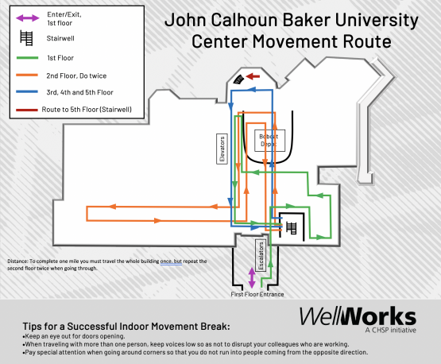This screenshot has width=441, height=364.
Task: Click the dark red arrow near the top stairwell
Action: coord(253,76)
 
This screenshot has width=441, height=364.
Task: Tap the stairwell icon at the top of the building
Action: coord(241,79)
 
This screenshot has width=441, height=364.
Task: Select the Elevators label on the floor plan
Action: coord(222,147)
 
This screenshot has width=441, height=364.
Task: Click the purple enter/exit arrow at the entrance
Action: coord(252,277)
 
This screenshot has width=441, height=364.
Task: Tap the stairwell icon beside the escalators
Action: coord(292,227)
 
